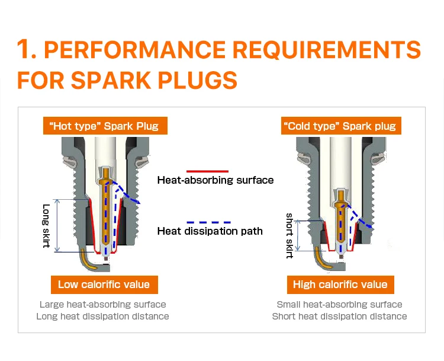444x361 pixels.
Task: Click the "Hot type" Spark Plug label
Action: (x=104, y=126)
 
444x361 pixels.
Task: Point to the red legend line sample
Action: (x=207, y=170)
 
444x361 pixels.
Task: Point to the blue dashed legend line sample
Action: (x=207, y=221)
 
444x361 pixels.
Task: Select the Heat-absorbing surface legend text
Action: (x=215, y=180)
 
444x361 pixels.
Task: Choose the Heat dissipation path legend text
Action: (x=210, y=231)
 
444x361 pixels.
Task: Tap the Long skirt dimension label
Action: (x=47, y=226)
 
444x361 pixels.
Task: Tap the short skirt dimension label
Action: (x=289, y=235)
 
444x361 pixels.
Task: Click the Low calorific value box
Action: (x=104, y=285)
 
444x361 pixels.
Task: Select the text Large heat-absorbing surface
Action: (x=102, y=305)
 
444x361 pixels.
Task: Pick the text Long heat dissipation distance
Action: (x=102, y=317)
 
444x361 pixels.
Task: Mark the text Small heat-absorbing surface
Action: (x=339, y=305)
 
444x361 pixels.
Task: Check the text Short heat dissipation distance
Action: (x=339, y=317)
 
